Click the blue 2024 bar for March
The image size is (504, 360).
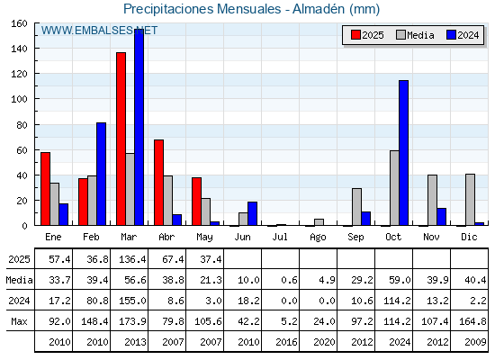coord(139,127)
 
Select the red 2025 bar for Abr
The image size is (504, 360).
coord(158,183)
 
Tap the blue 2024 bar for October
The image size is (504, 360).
coord(404,153)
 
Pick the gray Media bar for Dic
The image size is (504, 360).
coord(470,200)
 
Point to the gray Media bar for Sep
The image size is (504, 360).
coord(356,207)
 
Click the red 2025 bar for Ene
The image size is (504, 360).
coord(45,189)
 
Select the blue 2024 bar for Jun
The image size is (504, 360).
coord(252,214)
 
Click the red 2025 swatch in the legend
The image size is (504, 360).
coord(355,35)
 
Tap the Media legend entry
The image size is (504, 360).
coord(415,35)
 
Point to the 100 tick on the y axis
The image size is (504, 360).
coord(36,99)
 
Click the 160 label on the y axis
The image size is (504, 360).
coord(19,23)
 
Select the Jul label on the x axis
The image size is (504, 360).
coord(280,237)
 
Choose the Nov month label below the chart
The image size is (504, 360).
coord(431,237)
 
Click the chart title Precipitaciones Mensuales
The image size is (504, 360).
coord(202,9)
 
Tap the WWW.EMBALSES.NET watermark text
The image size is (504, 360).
coord(99,31)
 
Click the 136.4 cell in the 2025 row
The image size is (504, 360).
coord(132,259)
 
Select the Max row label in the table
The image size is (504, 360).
coord(19,321)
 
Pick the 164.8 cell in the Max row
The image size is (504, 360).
coord(472,321)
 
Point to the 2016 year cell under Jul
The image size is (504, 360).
coord(286,342)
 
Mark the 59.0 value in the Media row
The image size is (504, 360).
coord(400,280)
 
